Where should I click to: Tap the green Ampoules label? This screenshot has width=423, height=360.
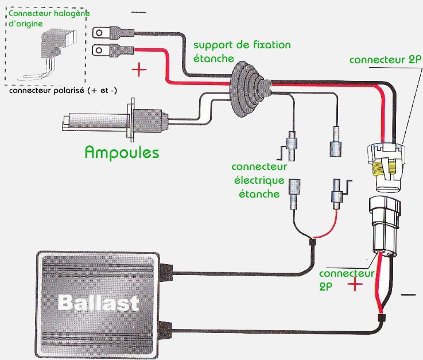(122, 152)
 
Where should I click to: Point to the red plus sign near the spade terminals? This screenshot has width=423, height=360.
(139, 71)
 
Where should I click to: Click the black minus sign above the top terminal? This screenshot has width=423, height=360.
(138, 12)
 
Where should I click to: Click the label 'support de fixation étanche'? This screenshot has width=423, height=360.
(242, 51)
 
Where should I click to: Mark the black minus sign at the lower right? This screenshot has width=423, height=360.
(408, 295)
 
